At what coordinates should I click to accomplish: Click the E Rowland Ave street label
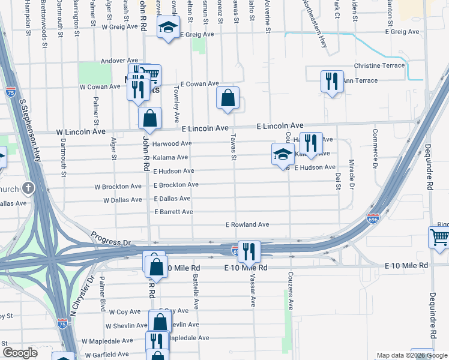[247, 224]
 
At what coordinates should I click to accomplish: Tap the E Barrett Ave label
[173, 212]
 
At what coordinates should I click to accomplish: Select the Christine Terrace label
[379, 65]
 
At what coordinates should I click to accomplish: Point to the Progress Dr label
[110, 238]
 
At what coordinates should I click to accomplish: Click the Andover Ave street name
[120, 61]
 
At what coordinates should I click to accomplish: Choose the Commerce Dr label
[375, 148]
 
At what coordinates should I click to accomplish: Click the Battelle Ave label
[195, 290]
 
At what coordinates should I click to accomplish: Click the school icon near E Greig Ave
[169, 26]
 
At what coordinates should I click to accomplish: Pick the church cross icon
[28, 188]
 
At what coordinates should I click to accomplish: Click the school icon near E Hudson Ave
[283, 154]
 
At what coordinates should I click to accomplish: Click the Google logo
[20, 353]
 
